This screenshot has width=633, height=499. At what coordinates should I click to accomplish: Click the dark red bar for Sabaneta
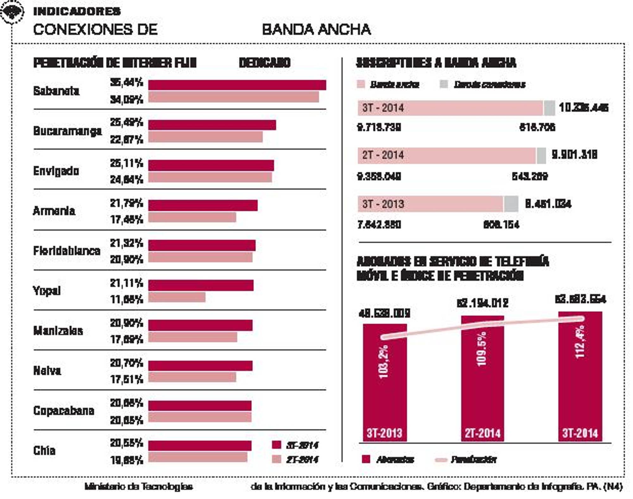tap(237, 85)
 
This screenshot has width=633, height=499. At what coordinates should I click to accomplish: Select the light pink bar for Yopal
tap(177, 297)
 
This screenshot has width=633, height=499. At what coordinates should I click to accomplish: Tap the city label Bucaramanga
tap(67, 131)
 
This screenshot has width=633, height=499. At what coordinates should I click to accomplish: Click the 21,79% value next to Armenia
tap(126, 203)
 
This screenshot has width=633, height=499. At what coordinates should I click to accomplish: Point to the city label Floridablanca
tap(66, 251)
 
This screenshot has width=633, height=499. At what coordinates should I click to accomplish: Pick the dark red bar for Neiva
tap(200, 366)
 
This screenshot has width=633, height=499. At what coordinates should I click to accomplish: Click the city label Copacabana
tap(64, 411)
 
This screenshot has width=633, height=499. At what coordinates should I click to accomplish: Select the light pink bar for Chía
tap(197, 457)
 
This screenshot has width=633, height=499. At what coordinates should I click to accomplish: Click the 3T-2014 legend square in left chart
tap(277, 445)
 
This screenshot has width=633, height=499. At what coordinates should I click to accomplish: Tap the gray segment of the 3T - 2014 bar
tap(549, 108)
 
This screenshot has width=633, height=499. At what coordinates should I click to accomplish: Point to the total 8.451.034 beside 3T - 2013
tap(548, 204)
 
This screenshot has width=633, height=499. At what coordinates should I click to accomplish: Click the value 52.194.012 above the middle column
tap(482, 303)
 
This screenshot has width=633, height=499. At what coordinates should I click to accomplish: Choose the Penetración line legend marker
tap(441, 459)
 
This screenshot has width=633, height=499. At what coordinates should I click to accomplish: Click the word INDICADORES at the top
tap(77, 11)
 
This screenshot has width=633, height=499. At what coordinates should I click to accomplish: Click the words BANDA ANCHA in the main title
tap(316, 29)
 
